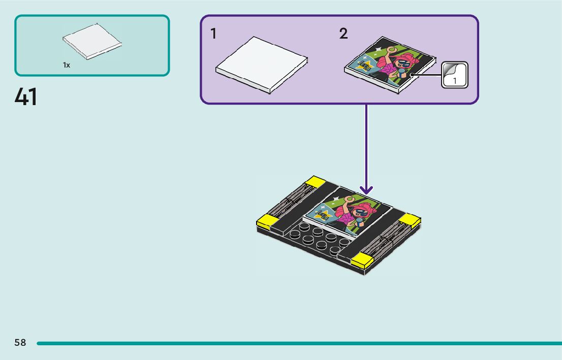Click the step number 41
(x=26, y=97)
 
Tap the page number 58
(x=20, y=343)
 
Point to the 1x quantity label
(x=67, y=65)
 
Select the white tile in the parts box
(x=92, y=41)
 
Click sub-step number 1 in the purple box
(x=213, y=34)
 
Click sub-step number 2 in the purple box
(x=344, y=34)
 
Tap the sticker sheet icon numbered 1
(x=454, y=75)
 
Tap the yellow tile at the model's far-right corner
(x=410, y=219)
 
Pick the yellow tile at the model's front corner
(x=361, y=260)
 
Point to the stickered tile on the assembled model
(x=348, y=209)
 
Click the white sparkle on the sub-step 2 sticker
(x=378, y=50)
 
